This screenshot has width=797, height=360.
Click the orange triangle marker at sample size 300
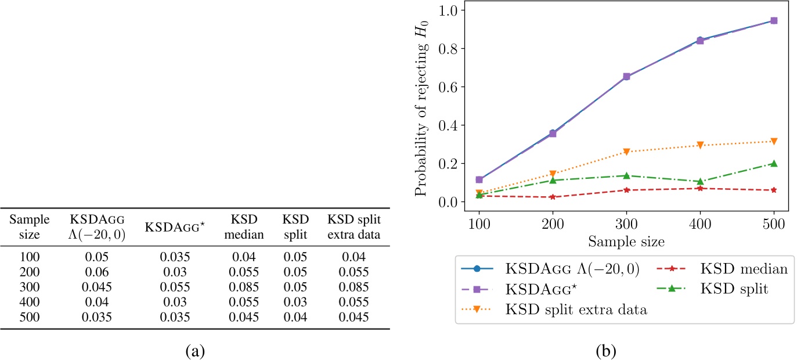click(x=626, y=152)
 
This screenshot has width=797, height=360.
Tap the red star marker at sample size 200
click(x=553, y=197)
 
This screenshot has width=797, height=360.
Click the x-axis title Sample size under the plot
click(x=626, y=240)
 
